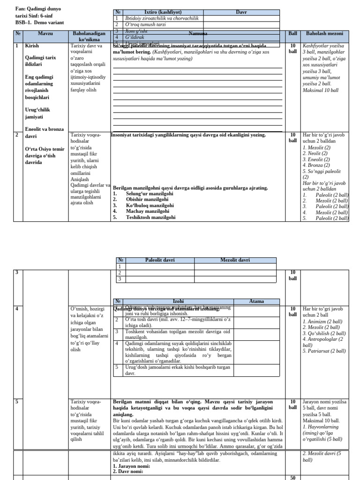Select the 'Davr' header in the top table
(x=241, y=12)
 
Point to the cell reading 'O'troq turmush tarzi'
(x=146, y=24)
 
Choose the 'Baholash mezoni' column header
(x=324, y=34)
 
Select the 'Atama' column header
(x=256, y=301)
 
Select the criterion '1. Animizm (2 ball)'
(x=322, y=322)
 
